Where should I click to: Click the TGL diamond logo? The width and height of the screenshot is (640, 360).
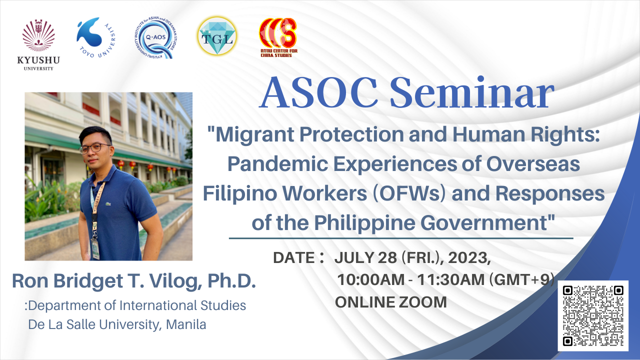[217, 37]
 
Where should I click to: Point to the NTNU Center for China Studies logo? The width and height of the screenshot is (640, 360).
[277, 37]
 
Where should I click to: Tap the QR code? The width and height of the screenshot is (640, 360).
[593, 315]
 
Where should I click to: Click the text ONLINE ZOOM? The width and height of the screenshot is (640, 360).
[390, 301]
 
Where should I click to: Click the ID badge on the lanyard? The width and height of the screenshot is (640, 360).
[95, 247]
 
